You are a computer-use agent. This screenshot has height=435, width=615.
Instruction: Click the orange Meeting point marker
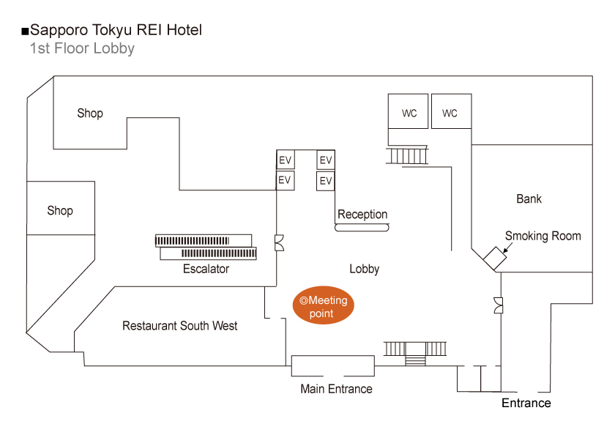(323, 305)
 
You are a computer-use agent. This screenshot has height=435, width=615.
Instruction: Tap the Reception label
(362, 215)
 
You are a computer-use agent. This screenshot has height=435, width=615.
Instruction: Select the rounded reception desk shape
(362, 228)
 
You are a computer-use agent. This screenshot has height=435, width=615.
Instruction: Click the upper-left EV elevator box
(285, 160)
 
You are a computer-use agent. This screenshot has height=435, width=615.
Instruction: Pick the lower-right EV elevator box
(326, 181)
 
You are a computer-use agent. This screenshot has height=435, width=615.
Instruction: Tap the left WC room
(408, 111)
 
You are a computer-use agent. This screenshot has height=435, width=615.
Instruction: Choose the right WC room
(452, 111)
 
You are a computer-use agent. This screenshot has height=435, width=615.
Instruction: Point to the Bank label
(529, 199)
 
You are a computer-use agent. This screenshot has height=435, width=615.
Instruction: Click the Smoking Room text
(543, 236)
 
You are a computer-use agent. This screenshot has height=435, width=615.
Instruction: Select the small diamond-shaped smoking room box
(495, 258)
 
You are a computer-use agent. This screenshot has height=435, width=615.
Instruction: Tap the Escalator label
(206, 269)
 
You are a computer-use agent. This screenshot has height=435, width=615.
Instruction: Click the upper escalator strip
(204, 240)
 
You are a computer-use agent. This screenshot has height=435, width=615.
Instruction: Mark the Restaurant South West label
(179, 326)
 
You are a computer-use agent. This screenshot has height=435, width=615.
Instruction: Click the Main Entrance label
(336, 389)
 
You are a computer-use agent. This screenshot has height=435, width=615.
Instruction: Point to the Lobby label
(365, 269)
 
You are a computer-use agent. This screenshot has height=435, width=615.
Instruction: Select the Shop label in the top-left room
(90, 114)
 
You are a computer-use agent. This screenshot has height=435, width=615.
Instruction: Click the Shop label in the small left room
(60, 211)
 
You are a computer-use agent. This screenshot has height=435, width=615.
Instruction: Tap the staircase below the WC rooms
(407, 156)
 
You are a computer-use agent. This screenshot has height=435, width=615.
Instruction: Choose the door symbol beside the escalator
(279, 243)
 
